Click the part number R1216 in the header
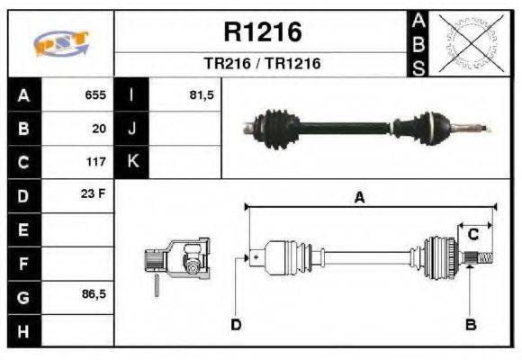(x=262, y=32)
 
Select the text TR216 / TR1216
(x=262, y=64)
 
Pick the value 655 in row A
(x=95, y=94)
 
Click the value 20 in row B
(x=99, y=128)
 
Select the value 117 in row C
(x=95, y=162)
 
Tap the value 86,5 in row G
(x=93, y=293)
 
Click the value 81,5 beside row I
(x=201, y=94)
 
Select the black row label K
(x=131, y=162)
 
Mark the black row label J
(x=131, y=128)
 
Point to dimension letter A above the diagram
(x=359, y=199)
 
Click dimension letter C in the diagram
(x=472, y=235)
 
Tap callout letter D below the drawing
(x=237, y=324)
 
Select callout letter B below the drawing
(x=471, y=324)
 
